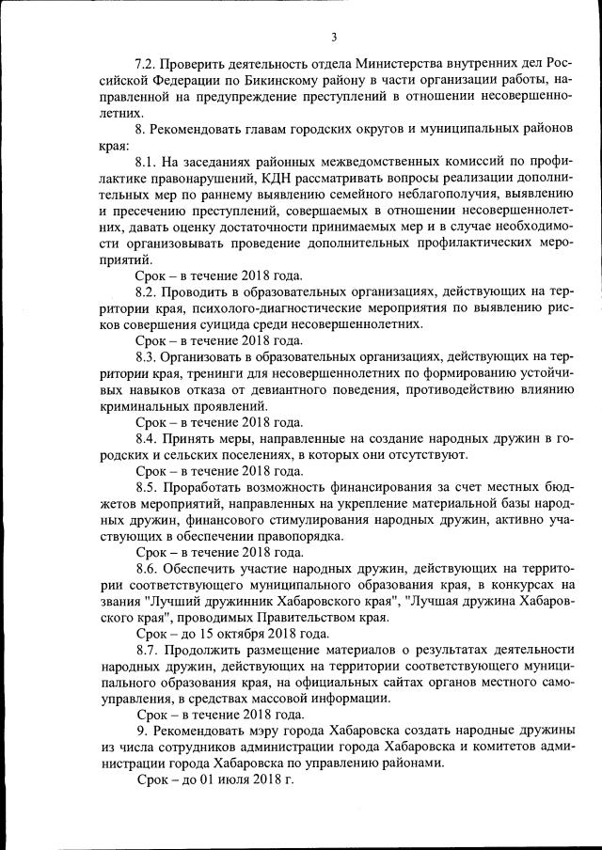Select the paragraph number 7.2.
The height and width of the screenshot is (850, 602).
pos(147,64)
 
